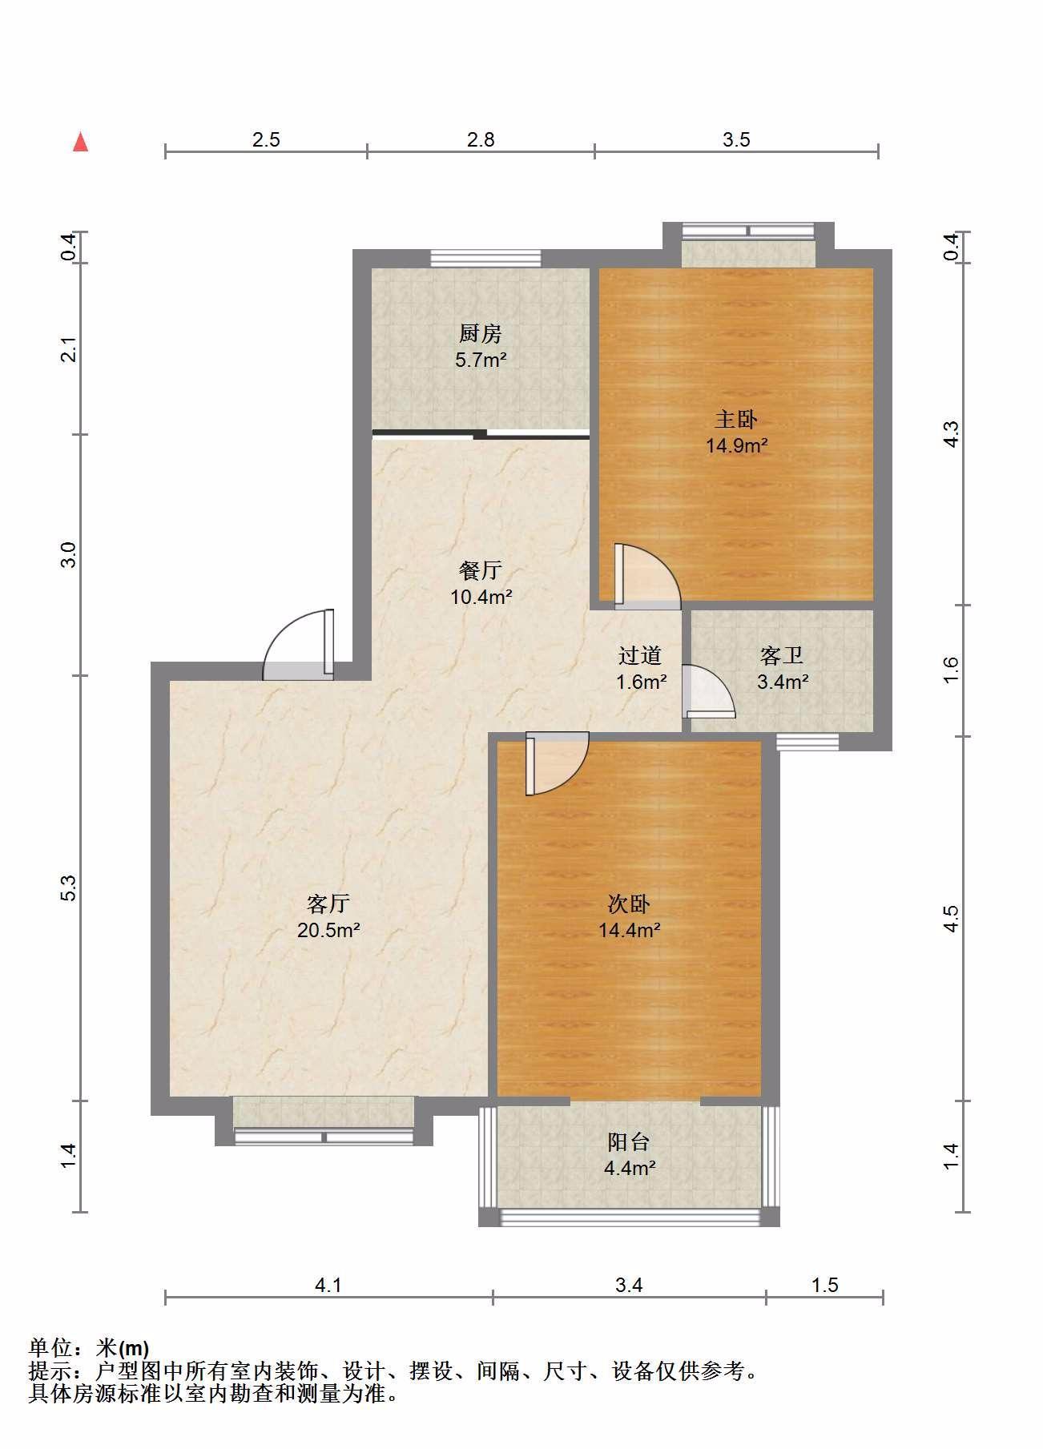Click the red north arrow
pyautogui.click(x=80, y=142)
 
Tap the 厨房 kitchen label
pyautogui.click(x=481, y=332)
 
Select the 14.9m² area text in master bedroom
pyautogui.click(x=737, y=445)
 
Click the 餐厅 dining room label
pyautogui.click(x=481, y=570)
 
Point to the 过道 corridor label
pyautogui.click(x=640, y=656)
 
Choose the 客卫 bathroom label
pyautogui.click(x=782, y=656)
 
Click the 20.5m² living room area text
pyautogui.click(x=328, y=930)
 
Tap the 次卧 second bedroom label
pyautogui.click(x=629, y=904)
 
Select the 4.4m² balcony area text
pyautogui.click(x=630, y=1168)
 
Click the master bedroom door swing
pyautogui.click(x=647, y=574)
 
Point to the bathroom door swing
pyautogui.click(x=708, y=691)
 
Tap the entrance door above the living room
pyautogui.click(x=299, y=644)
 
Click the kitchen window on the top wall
pyautogui.click(x=485, y=258)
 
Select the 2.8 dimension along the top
pyautogui.click(x=481, y=139)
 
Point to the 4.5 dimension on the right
pyautogui.click(x=950, y=918)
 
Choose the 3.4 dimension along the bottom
pyautogui.click(x=629, y=1285)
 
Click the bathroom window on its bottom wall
pyautogui.click(x=807, y=743)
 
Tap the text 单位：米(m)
pyautogui.click(x=89, y=1348)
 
